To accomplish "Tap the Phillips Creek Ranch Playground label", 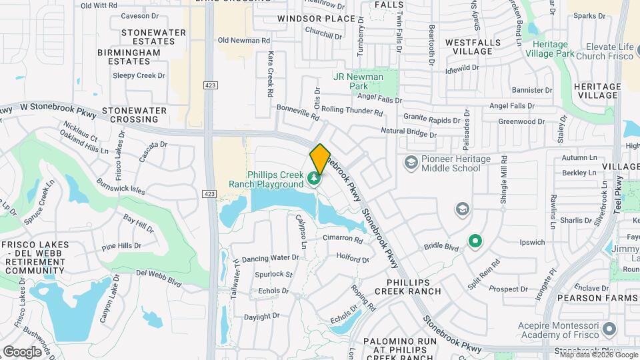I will coord(265,179).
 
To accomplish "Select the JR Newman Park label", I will coord(359,81).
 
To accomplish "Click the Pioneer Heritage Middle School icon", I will coord(411,162).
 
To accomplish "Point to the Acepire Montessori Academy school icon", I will coord(612,330).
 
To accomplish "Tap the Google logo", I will coord(22,351).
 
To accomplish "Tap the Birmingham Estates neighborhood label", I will coord(129,57).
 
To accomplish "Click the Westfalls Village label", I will coord(469,47).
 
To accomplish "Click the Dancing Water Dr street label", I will coord(271,258).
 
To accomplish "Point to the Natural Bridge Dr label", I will coord(408,133).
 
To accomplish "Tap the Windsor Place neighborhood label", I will coord(316,19).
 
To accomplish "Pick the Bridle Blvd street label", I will coord(442,247).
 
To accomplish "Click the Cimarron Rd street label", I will coord(343,239).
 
